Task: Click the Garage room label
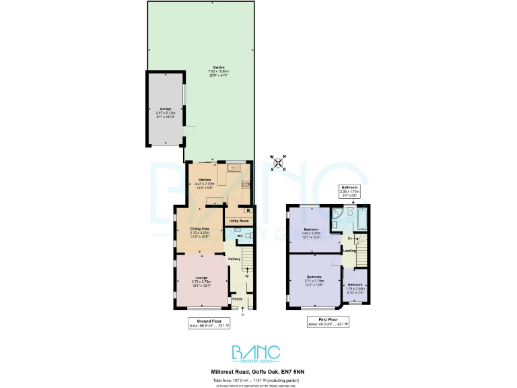[x=166, y=108]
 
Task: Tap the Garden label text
[x=219, y=67]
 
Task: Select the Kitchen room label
[x=205, y=180]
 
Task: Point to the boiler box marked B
[x=248, y=211]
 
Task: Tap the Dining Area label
[x=200, y=230]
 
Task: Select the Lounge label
[x=201, y=278]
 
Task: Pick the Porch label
[x=236, y=299]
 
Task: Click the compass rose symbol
[x=278, y=162]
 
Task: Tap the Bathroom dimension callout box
[x=349, y=191]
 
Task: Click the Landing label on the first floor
[x=349, y=251]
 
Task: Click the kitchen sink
[x=234, y=167]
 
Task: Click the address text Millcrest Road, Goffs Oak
[x=258, y=371]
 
